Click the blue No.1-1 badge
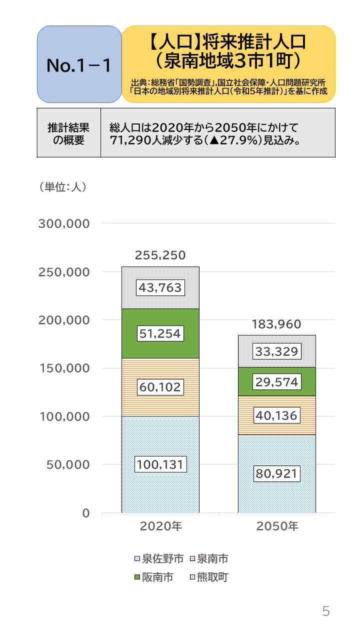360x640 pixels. [79, 64]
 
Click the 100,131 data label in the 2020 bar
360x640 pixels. [160, 464]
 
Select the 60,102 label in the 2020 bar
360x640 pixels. [160, 386]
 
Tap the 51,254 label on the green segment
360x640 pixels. [160, 333]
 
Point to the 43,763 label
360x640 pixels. [160, 287]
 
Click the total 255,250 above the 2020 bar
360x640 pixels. [160, 255]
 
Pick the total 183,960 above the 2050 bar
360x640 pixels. [276, 324]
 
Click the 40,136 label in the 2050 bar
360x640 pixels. [276, 415]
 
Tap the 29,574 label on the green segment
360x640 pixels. [276, 382]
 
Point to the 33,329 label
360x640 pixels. [276, 351]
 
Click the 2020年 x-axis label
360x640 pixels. [160, 526]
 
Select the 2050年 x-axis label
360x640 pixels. [276, 526]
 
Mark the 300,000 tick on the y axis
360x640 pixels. [64, 223]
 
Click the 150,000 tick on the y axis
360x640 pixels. [64, 368]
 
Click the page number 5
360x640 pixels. [326, 611]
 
